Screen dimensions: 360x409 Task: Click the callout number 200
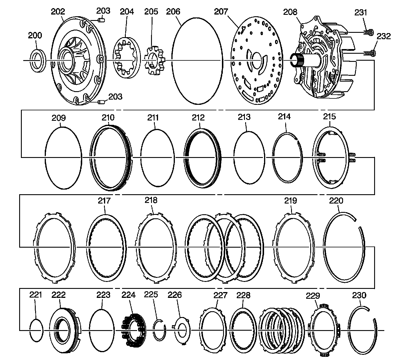pos(35,35)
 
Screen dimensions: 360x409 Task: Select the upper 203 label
pos(103,11)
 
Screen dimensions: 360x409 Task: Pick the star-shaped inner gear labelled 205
pos(154,60)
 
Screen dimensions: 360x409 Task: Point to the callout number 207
pos(221,12)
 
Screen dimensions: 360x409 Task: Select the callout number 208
pos(290,12)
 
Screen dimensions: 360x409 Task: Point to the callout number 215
pos(329,116)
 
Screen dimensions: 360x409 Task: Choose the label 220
pos(336,201)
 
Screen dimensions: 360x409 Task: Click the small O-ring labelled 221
pos(37,330)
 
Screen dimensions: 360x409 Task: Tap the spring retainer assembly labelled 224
pos(133,330)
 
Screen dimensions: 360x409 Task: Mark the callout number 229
pos(313,296)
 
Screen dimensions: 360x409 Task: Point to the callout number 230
pos(359,295)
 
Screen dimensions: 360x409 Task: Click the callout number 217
pos(104,201)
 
